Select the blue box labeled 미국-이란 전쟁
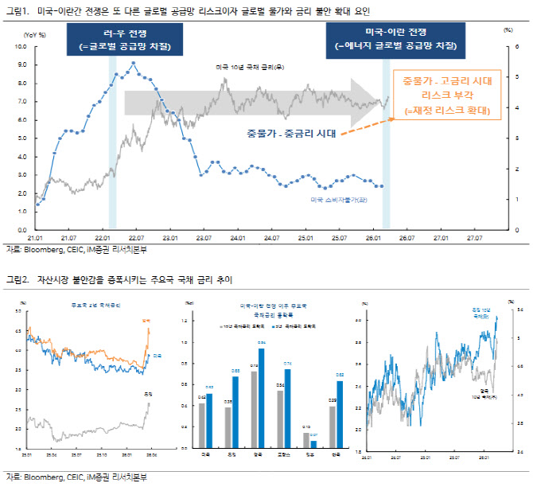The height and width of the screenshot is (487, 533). tap(395, 39)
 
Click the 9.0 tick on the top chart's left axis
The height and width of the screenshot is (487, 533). tap(45, 65)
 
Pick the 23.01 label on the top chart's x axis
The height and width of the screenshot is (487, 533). tap(169, 237)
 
